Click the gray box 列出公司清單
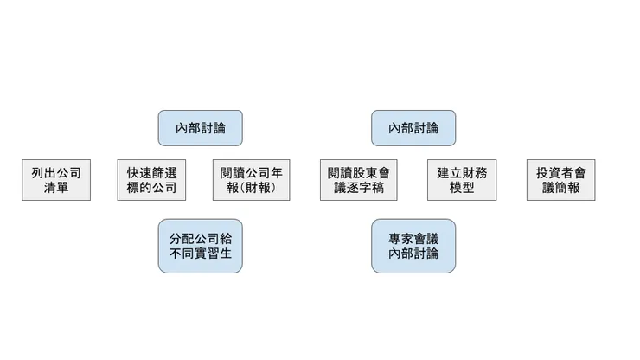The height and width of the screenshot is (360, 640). point(56,180)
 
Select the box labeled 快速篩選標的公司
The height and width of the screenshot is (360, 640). point(151,180)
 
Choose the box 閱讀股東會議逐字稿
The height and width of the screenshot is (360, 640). point(358,180)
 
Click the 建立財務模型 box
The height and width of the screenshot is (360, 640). point(462,180)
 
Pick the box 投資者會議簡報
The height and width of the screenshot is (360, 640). point(560,180)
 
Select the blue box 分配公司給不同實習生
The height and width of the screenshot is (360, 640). point(200,246)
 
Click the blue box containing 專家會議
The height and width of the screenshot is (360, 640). point(413,246)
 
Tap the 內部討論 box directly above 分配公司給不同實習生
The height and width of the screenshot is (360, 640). point(200,128)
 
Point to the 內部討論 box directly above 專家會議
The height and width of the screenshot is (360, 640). point(413,128)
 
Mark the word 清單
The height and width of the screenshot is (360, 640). point(56,188)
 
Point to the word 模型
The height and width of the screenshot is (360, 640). point(462,188)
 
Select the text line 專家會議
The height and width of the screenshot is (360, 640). point(413,237)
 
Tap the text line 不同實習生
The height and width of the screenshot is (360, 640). point(200,254)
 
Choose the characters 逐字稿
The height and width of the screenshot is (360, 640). point(366,188)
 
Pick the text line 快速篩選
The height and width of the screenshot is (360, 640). point(151,172)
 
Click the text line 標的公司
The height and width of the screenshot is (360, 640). point(151,188)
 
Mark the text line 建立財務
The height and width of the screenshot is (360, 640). point(462,172)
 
